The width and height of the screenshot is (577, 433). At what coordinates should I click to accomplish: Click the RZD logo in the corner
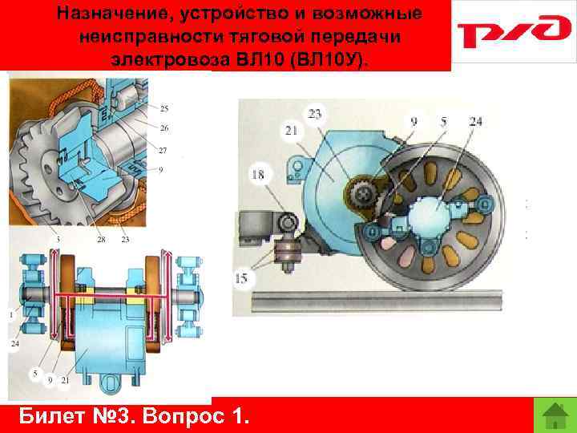coord(514,31)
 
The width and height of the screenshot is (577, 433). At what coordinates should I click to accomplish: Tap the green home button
coord(555,415)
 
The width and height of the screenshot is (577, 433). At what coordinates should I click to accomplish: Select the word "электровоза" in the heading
coord(170,59)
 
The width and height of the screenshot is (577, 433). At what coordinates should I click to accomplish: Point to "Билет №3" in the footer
coord(75,416)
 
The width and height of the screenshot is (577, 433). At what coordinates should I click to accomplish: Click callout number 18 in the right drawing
coord(258,174)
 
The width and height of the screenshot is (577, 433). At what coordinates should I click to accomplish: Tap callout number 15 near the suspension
coord(240,279)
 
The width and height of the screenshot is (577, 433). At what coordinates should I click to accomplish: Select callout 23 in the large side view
coord(315,114)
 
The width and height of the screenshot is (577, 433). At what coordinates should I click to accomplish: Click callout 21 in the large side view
coord(291,130)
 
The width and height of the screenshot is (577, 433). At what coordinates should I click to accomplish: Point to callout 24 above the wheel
coord(475,122)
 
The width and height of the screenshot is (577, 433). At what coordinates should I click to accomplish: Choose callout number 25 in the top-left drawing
coord(163,108)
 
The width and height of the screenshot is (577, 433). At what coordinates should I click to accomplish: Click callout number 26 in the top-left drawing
coord(164,127)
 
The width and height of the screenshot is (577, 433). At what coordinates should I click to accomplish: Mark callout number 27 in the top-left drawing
coord(162,150)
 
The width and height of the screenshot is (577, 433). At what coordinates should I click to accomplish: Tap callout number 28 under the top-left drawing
coord(101,240)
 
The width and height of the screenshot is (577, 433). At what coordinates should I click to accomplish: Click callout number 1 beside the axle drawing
coord(11,315)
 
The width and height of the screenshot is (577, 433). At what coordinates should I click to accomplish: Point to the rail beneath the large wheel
coord(376,301)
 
